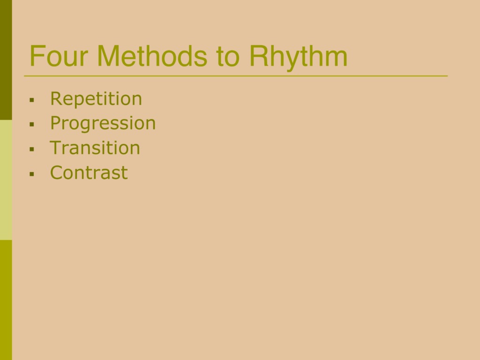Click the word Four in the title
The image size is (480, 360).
coord(59,56)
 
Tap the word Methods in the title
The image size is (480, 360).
coord(152,56)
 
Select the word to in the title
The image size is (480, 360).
coord(227,57)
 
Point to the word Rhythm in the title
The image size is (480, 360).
coord(299,58)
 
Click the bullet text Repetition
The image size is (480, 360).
coord(96,99)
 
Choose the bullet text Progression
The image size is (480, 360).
coord(103,123)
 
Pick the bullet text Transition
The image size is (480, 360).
coord(95,148)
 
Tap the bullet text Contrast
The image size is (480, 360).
coord(89,172)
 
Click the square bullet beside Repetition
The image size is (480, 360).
coord(32,100)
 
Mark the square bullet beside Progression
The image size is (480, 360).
coord(32,124)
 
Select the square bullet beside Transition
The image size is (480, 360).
coord(32,149)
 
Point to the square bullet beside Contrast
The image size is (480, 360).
coord(32,174)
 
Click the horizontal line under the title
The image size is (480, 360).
coord(236,75)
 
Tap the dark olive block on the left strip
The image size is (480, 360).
coord(6,60)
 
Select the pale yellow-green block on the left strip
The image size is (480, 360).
coord(6,180)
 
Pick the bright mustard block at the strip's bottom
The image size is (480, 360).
coord(6,300)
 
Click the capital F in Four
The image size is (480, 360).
coord(37,56)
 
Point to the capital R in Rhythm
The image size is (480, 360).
coord(259,56)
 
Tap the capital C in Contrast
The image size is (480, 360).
coord(57,172)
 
